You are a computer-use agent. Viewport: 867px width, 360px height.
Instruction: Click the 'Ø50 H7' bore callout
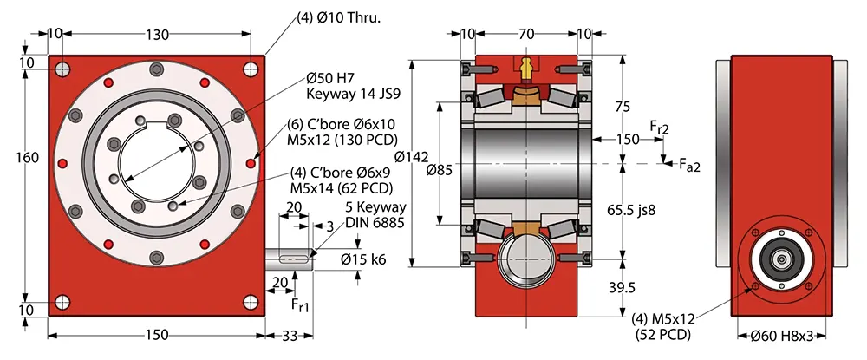click(330, 77)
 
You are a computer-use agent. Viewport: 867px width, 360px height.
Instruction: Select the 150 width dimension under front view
click(157, 336)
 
